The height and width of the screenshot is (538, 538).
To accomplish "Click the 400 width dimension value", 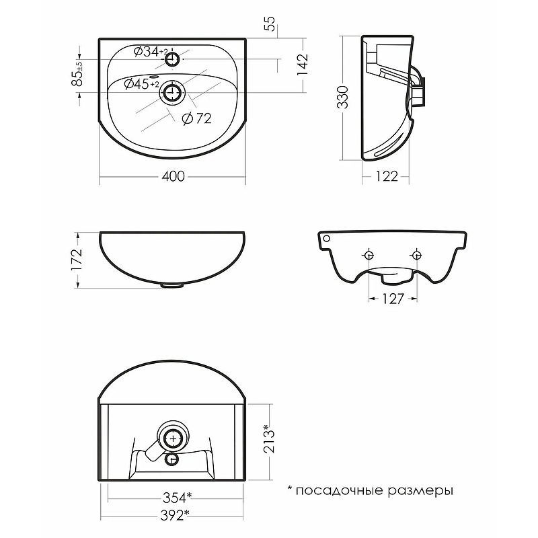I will [x=174, y=177].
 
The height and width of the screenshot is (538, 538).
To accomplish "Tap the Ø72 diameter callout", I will [x=197, y=118].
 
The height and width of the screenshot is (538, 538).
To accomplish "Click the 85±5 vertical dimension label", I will [x=79, y=74].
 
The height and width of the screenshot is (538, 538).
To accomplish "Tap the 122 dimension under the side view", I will [x=386, y=177].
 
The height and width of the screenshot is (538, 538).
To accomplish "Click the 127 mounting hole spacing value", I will [x=392, y=299].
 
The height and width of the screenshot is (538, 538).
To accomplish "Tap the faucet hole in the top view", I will [x=172, y=59].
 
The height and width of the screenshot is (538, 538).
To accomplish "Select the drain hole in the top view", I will [x=172, y=93].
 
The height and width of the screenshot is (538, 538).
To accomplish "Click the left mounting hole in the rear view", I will [x=368, y=255].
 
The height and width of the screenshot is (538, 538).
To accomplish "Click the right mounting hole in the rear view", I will [x=416, y=255].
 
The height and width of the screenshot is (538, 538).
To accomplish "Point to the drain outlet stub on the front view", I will [x=172, y=285].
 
